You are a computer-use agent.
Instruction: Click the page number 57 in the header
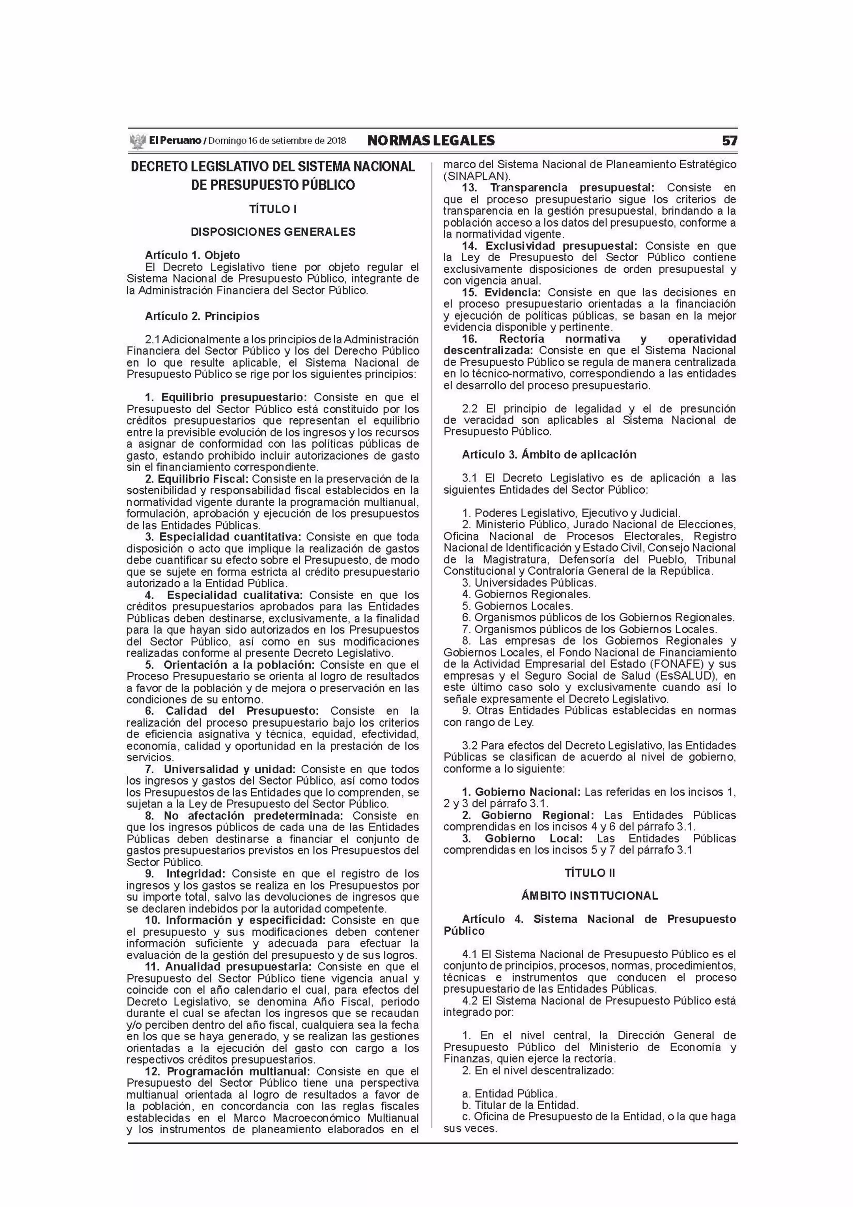729,141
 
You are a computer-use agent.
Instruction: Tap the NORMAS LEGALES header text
431,141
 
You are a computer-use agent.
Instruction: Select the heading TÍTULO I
273,209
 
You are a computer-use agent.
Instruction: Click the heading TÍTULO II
589,873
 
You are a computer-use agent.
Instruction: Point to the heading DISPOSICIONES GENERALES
273,232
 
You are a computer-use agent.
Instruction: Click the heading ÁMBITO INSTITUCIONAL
589,896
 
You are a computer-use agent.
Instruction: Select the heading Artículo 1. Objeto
192,255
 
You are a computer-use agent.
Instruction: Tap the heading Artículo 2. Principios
202,317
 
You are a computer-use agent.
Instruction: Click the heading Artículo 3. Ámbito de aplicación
549,455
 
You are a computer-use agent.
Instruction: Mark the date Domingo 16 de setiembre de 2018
277,141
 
